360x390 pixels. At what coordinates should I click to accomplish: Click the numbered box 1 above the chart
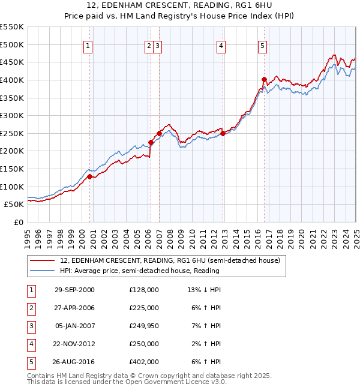point(88,46)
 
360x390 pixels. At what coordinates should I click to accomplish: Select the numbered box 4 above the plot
point(221,46)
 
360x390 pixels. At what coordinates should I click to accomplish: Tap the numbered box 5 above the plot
point(263,46)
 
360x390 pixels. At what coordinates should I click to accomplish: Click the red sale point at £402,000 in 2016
point(264,79)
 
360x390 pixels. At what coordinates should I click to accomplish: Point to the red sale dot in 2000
point(89,176)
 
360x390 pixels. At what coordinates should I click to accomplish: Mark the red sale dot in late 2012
point(223,133)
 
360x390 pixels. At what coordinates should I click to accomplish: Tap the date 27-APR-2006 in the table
point(74,308)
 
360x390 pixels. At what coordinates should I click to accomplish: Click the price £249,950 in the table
point(143,326)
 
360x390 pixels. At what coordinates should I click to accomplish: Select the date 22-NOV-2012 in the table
point(74,344)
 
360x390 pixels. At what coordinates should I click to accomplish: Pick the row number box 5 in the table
point(29,362)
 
